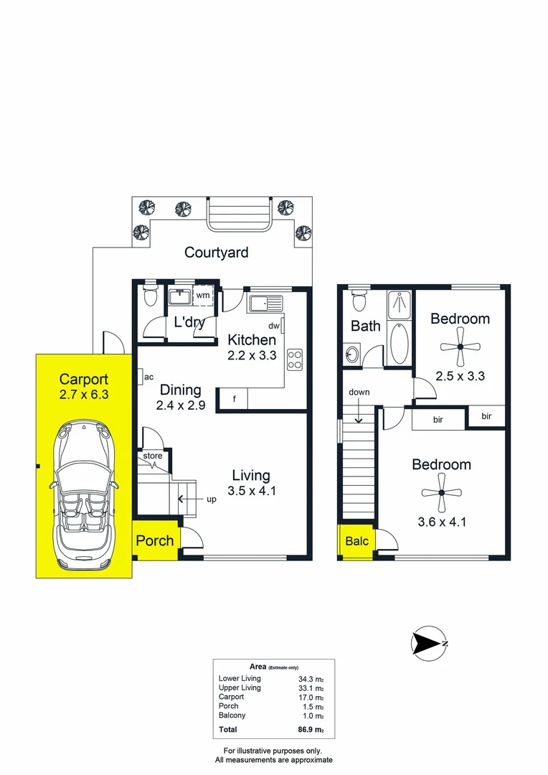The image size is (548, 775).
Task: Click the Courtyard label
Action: pyautogui.click(x=216, y=253)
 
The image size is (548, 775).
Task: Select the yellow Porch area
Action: pyautogui.click(x=155, y=540)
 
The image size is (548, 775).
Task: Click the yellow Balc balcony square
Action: pyautogui.click(x=356, y=541)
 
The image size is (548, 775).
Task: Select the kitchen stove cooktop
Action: pyautogui.click(x=295, y=359)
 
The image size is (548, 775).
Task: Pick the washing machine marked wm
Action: pyautogui.click(x=203, y=296)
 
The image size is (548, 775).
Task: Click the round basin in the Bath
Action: pyautogui.click(x=352, y=354)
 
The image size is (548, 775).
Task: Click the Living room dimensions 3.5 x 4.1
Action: pyautogui.click(x=251, y=492)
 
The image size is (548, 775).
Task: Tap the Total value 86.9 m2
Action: pyautogui.click(x=311, y=731)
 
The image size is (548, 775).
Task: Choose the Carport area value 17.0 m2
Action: pyautogui.click(x=311, y=697)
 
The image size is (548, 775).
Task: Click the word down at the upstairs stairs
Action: pyautogui.click(x=359, y=393)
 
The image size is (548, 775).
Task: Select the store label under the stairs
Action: pyautogui.click(x=153, y=456)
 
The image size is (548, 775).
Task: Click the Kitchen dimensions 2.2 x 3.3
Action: pyautogui.click(x=252, y=355)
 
